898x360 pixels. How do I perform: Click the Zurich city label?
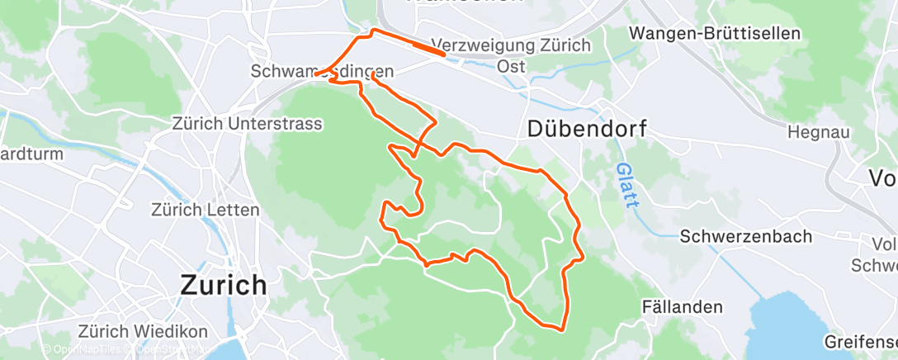(x=224, y=286)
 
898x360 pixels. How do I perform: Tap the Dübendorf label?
(x=586, y=128)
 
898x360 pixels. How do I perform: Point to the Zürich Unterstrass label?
(x=247, y=123)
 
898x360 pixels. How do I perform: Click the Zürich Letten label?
(x=206, y=210)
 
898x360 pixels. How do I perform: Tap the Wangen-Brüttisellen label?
(x=715, y=34)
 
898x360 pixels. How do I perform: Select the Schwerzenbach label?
(x=746, y=236)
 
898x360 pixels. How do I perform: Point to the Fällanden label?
(x=683, y=307)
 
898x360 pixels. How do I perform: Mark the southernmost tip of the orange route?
(x=562, y=330)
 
